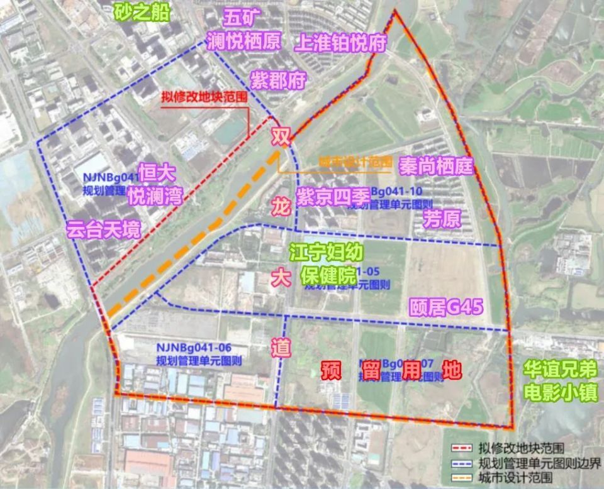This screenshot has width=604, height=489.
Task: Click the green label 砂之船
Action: tap(142, 12)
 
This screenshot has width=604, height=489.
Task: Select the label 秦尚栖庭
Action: tap(435, 166)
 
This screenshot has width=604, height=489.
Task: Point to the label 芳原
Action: tap(442, 219)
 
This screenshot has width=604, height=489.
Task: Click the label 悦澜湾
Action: tap(154, 196)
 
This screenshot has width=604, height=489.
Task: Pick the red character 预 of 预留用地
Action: tap(330, 370)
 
